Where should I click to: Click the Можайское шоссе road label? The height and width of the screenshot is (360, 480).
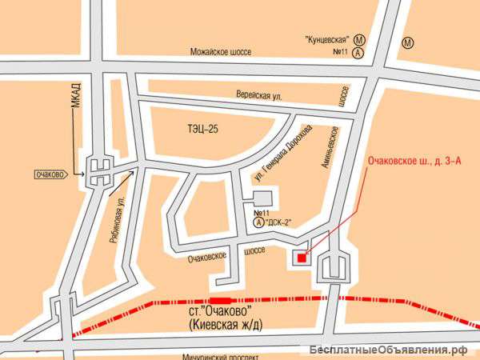220,51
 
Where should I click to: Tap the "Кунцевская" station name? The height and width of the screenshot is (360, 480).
330,38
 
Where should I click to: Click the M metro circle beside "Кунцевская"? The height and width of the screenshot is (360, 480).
361,38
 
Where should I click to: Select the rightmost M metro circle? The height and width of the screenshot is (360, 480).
409,42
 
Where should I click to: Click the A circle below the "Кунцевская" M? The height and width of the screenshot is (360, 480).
361,53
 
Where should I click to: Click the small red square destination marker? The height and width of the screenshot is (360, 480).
301,257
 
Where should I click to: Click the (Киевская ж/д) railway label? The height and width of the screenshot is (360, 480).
226,323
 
